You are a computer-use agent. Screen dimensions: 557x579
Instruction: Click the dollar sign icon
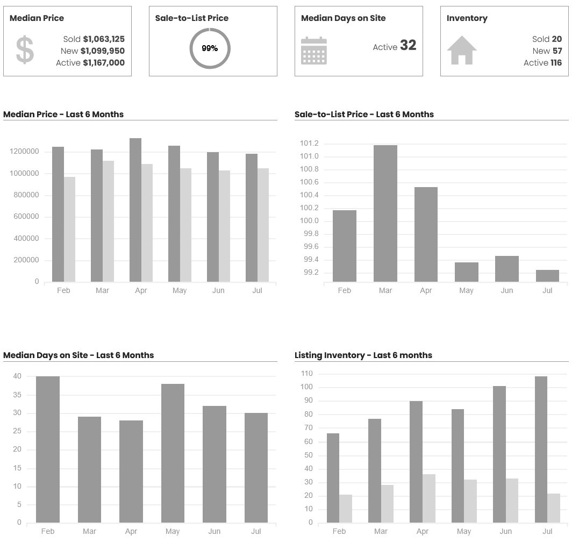25,50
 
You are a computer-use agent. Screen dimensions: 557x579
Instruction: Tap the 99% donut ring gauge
210,48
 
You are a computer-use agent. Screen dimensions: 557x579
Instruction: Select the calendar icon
314,51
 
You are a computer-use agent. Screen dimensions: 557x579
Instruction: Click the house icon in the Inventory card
462,50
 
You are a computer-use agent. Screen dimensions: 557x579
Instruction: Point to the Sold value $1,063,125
104,39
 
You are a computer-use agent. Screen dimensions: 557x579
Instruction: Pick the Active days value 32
408,46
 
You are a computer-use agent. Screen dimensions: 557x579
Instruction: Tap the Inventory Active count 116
556,63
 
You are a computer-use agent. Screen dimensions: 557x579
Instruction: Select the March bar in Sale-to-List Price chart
385,213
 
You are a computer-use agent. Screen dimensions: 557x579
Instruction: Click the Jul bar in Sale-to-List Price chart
547,276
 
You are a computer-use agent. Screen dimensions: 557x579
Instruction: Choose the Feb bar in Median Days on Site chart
48,449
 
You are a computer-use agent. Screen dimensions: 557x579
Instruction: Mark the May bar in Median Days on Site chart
173,453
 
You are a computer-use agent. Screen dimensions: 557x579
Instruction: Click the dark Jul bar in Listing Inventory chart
541,449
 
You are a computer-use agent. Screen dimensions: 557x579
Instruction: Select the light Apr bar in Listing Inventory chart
429,498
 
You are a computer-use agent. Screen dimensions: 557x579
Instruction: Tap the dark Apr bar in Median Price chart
135,210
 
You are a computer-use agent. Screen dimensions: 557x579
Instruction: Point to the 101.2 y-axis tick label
309,144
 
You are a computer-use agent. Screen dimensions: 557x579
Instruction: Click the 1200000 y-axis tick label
24,152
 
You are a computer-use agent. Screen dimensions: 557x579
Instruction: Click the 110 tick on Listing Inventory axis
307,374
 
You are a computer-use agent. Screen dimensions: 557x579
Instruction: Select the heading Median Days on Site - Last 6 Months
78,355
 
